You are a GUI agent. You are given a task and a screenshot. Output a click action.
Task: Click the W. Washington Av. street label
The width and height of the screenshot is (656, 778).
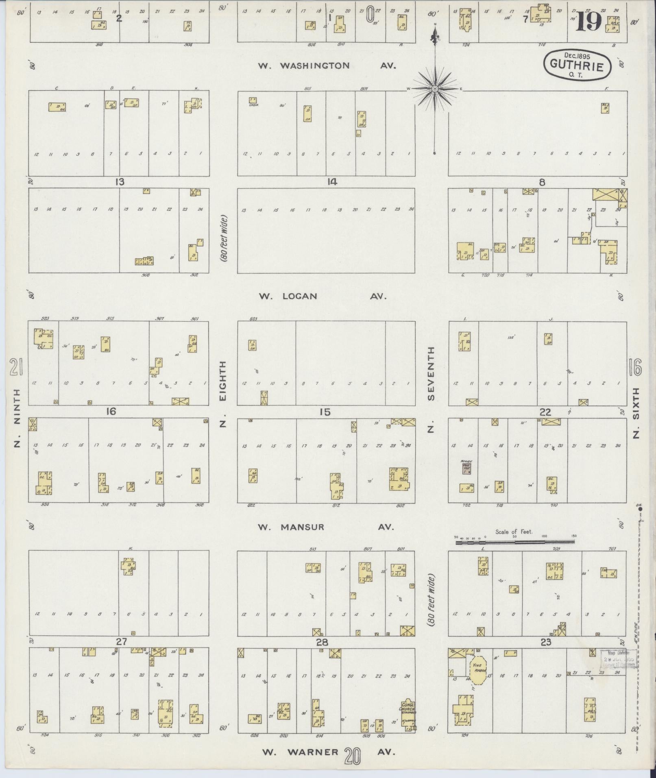[327, 66]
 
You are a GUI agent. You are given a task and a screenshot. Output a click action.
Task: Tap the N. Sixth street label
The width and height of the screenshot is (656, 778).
[636, 413]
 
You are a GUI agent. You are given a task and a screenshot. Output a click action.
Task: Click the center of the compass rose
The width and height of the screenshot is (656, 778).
[435, 89]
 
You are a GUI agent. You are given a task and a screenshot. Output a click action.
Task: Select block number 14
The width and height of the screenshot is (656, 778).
[331, 182]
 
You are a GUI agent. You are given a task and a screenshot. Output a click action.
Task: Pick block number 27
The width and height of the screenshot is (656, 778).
[121, 642]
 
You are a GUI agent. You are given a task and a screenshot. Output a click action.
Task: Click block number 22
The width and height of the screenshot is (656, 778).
[545, 412]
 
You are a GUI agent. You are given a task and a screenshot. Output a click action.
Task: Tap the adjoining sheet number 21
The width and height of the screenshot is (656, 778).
[15, 369]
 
